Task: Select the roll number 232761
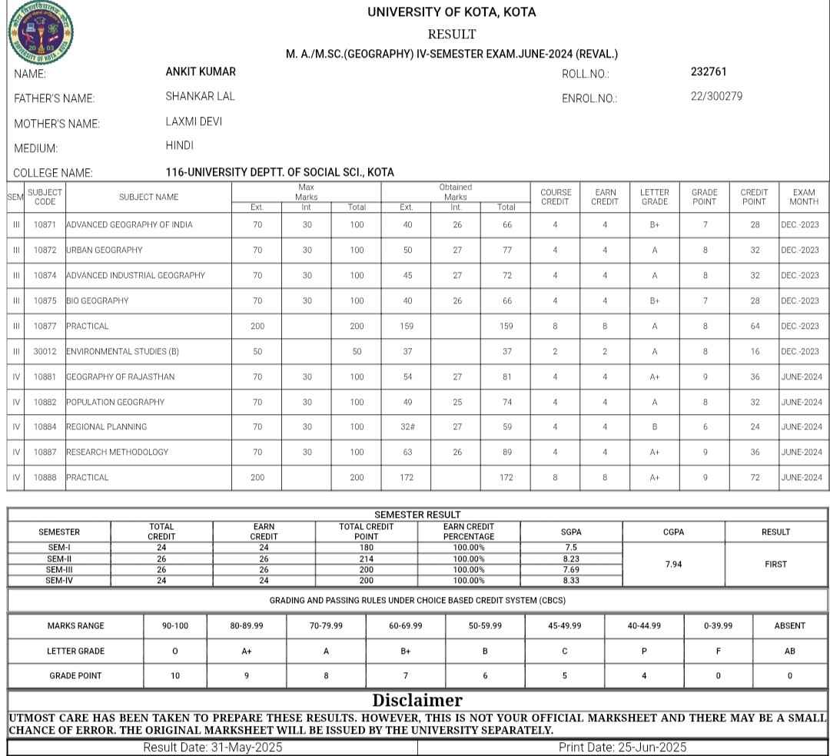coord(708,72)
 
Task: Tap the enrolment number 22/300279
coord(716,97)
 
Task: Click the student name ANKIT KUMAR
coord(201,72)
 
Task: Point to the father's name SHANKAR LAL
coord(200,97)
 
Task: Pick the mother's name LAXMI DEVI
coord(194,121)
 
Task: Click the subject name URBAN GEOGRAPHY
coord(105,250)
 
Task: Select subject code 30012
coord(45,351)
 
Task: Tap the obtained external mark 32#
coord(407,427)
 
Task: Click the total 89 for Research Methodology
coord(506,453)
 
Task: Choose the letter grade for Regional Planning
coord(654,427)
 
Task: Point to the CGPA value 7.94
coord(673,565)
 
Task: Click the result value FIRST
coord(775,565)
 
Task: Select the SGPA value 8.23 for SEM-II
coord(571,559)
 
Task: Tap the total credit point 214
coord(366,559)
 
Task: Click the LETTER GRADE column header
coord(654,197)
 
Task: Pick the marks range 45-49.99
coord(564,626)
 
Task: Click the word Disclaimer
coord(417,700)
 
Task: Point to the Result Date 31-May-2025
coord(213,748)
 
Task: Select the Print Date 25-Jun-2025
coord(622,748)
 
